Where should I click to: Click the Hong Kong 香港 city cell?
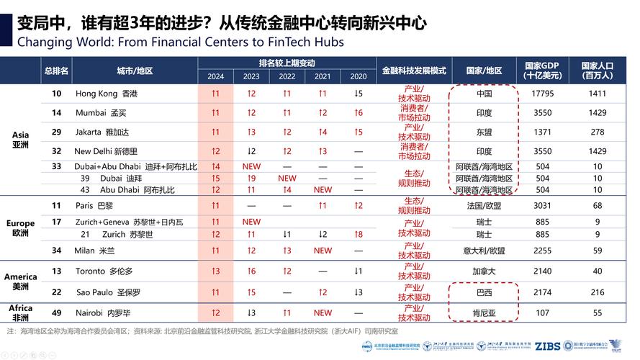(106, 94)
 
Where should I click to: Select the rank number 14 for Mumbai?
(56, 112)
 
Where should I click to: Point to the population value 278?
(598, 132)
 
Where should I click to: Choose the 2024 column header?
(215, 76)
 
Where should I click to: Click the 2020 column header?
(358, 76)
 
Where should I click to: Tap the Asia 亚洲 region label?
(21, 140)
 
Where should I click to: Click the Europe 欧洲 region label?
(20, 228)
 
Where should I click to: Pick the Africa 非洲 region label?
(20, 312)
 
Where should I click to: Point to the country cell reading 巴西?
(484, 293)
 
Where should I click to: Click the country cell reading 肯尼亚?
(484, 313)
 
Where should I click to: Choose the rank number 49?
(56, 313)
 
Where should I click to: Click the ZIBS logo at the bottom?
(547, 346)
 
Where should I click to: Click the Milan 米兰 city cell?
(94, 251)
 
